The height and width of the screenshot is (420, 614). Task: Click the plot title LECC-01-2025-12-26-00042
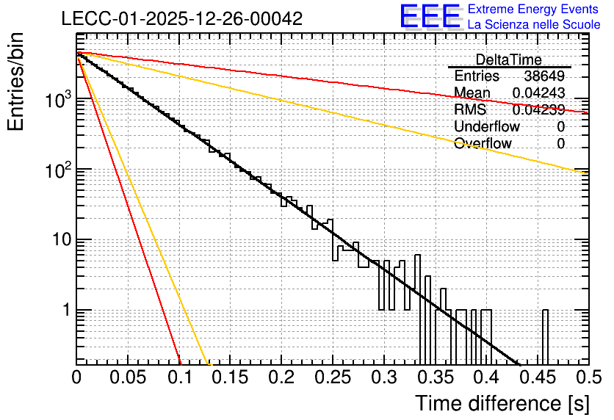[182, 18]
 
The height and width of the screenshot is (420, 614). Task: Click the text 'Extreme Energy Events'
[533, 9]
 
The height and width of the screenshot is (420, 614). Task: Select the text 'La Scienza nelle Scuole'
[534, 24]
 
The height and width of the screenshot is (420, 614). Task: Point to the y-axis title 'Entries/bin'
[16, 82]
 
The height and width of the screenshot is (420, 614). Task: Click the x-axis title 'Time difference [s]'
[502, 404]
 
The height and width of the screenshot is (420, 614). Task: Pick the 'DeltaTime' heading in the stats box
[509, 59]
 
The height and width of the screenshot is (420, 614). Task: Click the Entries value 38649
[544, 76]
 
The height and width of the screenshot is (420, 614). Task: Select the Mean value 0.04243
[539, 93]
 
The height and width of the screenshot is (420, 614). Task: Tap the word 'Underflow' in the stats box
[487, 126]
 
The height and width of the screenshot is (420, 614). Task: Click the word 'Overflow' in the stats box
[483, 143]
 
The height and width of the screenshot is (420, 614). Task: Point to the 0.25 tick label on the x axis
[333, 377]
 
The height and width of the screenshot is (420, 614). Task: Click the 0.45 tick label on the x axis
[538, 377]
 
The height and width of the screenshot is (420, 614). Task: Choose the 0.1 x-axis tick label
[180, 377]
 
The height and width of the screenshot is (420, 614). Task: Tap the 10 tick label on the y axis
[62, 239]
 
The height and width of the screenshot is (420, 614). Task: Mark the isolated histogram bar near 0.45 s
[545, 337]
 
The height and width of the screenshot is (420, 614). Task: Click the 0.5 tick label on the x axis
[588, 377]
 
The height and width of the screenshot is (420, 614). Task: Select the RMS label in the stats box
[470, 109]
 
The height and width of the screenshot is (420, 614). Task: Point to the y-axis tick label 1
[66, 310]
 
